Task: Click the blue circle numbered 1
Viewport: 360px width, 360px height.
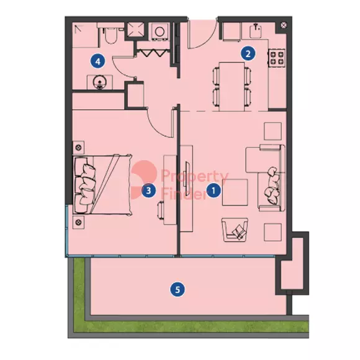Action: coord(214,191)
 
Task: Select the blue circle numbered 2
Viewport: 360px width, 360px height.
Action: coord(248,54)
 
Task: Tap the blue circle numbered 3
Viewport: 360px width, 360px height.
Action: coord(148,191)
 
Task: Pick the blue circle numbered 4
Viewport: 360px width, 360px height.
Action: coord(98,61)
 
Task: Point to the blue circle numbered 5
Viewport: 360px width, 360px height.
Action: coord(178,289)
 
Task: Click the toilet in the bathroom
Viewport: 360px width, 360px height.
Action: coord(110,35)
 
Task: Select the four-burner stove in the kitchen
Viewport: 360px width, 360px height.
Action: coord(277,58)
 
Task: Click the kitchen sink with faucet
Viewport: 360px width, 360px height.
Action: coord(256,31)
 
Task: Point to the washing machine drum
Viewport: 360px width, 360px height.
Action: coord(160,32)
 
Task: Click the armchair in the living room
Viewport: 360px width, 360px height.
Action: coord(235,230)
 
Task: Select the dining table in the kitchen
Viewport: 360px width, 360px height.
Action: coord(232,86)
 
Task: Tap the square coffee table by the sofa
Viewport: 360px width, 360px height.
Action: coord(235,192)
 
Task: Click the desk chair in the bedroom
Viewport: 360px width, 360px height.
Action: coord(161,210)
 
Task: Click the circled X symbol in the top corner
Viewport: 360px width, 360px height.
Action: coord(284,25)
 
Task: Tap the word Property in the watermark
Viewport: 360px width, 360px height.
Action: coord(195,176)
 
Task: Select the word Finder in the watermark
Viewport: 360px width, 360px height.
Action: coord(184,194)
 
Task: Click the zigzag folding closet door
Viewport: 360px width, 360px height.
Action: coord(153,53)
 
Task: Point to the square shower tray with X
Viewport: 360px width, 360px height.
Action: coord(136,29)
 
